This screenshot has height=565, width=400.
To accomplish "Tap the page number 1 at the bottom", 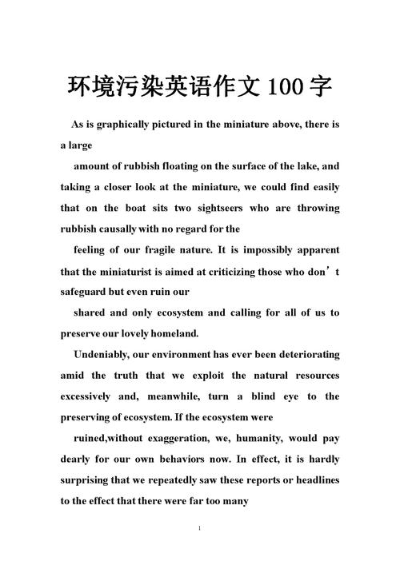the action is [199, 529].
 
